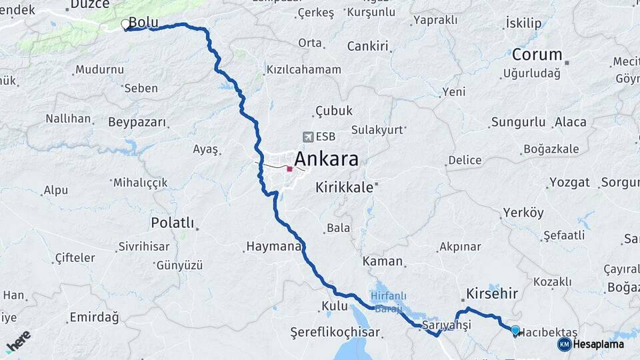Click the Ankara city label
coord(325,159)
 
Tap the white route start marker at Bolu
coord(125,25)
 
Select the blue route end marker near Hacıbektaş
coord(515,330)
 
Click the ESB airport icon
coord(308,137)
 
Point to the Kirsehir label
coord(492,293)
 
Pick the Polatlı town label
coord(172,223)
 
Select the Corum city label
coord(537,55)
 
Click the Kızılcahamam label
coord(303,69)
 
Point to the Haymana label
coord(274,246)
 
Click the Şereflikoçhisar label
coord(335,332)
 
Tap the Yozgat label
coord(569,182)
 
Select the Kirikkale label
coord(344,187)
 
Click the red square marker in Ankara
coord(289,169)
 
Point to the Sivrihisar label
coord(143,247)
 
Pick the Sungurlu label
coord(518,122)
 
